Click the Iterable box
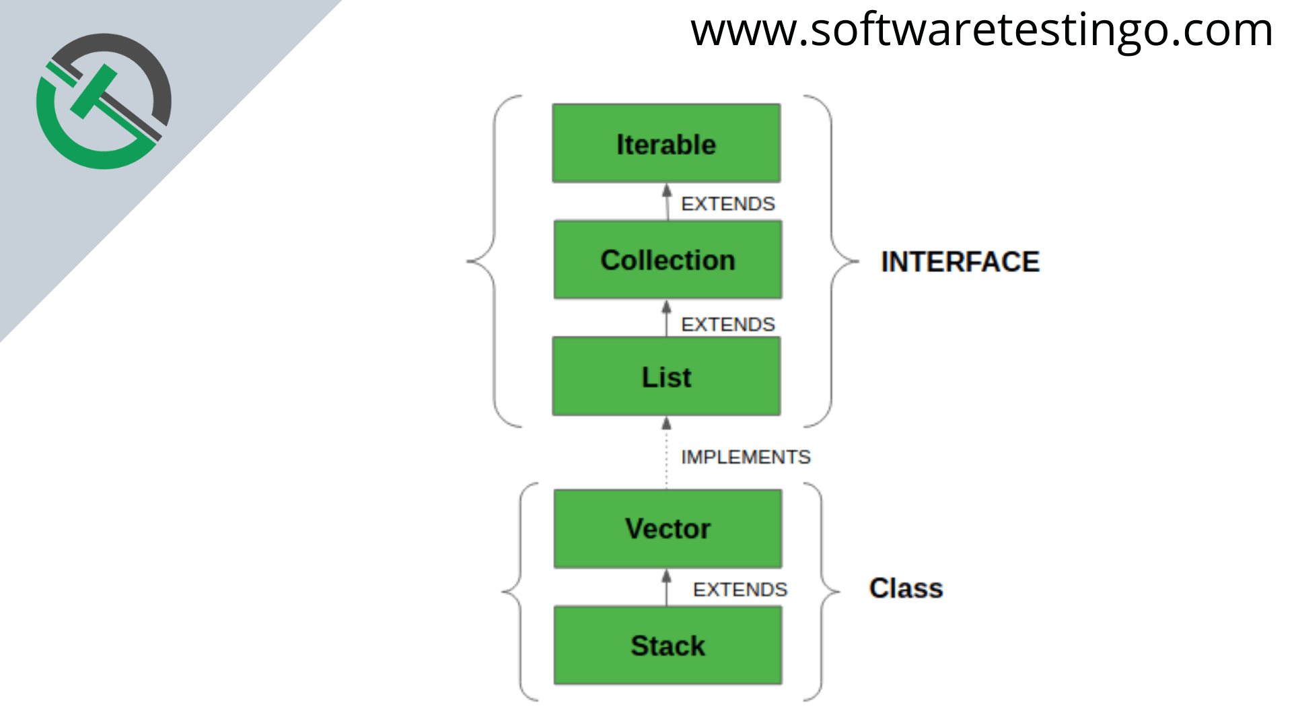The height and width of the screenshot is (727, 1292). click(666, 143)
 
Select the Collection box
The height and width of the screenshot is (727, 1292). click(668, 260)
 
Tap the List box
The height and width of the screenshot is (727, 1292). click(666, 376)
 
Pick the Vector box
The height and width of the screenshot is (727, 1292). click(668, 528)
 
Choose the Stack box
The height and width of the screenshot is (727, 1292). click(668, 646)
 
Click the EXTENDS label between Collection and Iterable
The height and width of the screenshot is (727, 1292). click(728, 204)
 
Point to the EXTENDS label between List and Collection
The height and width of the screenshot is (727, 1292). click(728, 324)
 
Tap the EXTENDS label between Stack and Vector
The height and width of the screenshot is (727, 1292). click(740, 590)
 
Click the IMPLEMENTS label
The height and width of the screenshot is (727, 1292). click(746, 457)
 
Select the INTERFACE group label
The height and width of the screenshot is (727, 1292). click(960, 262)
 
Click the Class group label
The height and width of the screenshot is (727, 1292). click(906, 588)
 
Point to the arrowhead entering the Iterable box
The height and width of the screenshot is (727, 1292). click(667, 190)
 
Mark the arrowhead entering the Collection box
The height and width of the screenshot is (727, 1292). click(666, 307)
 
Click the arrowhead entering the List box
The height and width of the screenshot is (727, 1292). click(666, 423)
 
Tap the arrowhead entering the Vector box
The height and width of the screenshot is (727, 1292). click(666, 576)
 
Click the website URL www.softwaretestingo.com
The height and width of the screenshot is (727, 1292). click(982, 31)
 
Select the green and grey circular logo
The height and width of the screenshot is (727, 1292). click(104, 101)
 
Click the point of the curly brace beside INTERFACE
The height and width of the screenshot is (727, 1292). click(859, 261)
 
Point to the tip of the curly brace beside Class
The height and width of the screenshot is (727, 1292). click(840, 592)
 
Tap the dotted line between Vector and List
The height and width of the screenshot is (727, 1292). click(666, 460)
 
